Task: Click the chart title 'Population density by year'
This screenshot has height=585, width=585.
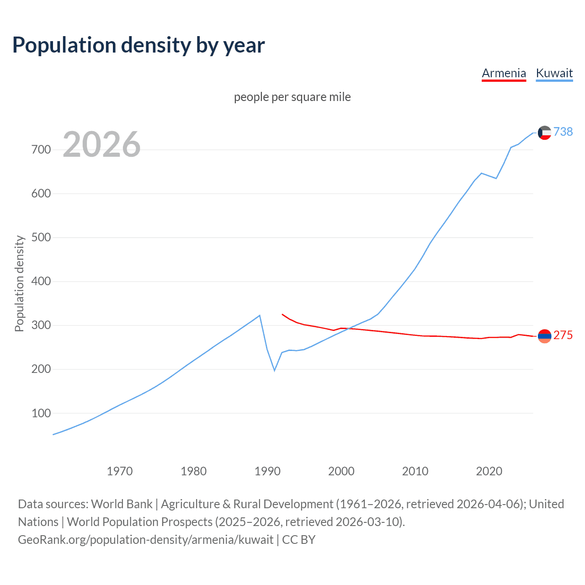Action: click(138, 45)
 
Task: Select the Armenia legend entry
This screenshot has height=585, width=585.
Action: click(504, 73)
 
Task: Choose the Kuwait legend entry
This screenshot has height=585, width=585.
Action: click(554, 73)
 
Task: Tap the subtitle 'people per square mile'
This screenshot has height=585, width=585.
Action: click(292, 97)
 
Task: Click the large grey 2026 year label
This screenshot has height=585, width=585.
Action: click(101, 144)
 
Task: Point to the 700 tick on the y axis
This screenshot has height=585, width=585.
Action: click(41, 150)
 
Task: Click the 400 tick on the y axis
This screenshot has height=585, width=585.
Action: click(41, 282)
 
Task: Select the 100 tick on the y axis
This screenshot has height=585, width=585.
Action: click(41, 413)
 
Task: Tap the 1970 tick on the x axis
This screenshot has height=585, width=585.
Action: click(120, 471)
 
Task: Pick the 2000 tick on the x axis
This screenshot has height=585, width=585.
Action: click(341, 471)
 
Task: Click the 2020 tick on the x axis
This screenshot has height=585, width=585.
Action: click(489, 471)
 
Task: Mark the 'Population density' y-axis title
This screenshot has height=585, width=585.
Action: click(19, 283)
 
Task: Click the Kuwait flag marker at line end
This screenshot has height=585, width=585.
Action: click(544, 133)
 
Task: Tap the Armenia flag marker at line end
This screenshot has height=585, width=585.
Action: click(544, 336)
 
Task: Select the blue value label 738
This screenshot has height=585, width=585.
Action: click(563, 132)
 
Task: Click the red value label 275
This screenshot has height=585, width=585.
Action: click(563, 335)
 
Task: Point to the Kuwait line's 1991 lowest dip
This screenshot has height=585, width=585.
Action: click(274, 370)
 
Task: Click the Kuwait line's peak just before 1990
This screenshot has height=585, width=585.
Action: click(260, 315)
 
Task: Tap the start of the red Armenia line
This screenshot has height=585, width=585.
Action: click(282, 314)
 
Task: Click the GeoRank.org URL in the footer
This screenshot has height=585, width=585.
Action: click(145, 540)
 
